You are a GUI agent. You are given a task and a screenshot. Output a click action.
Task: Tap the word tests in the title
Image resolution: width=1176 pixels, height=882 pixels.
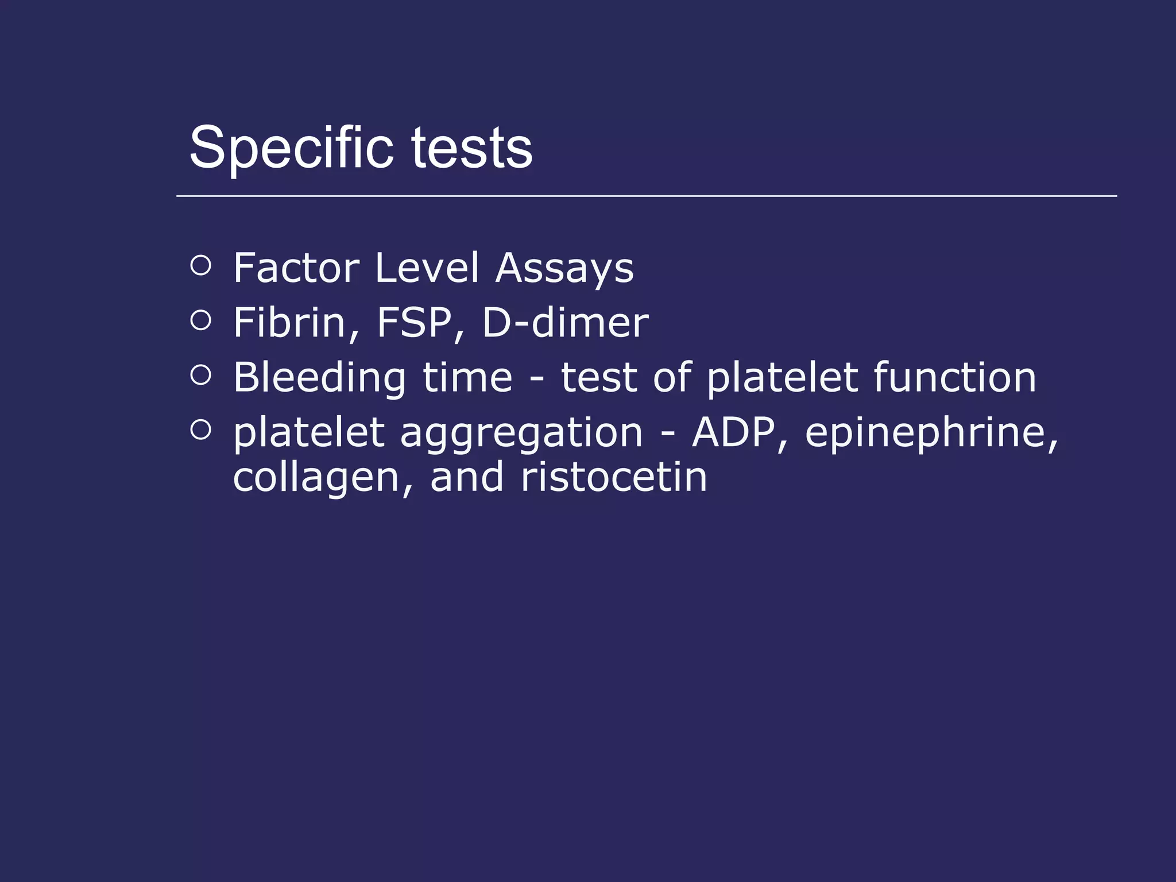471,148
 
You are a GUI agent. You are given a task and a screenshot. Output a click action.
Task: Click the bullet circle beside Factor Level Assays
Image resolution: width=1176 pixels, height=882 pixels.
200,265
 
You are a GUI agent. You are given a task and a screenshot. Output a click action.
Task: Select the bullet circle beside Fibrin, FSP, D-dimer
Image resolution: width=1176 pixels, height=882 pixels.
200,320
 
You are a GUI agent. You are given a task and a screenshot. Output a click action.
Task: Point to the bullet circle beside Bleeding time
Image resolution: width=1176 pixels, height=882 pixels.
200,375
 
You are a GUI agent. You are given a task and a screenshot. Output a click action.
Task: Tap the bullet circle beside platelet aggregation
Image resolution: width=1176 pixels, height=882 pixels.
200,430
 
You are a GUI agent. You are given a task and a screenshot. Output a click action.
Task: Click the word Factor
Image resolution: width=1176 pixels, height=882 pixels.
296,268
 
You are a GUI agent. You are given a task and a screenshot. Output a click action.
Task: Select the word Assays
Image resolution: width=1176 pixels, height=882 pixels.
564,269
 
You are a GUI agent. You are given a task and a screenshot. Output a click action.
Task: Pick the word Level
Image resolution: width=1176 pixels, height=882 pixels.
427,268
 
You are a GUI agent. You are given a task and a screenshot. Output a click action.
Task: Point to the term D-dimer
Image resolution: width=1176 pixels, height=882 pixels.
566,323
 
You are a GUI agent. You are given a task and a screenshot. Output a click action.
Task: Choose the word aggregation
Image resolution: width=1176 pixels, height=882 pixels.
521,434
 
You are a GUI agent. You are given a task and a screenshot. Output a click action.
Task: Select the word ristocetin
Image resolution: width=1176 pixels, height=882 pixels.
614,477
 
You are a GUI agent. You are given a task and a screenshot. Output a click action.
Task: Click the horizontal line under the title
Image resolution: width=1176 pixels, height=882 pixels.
647,196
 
